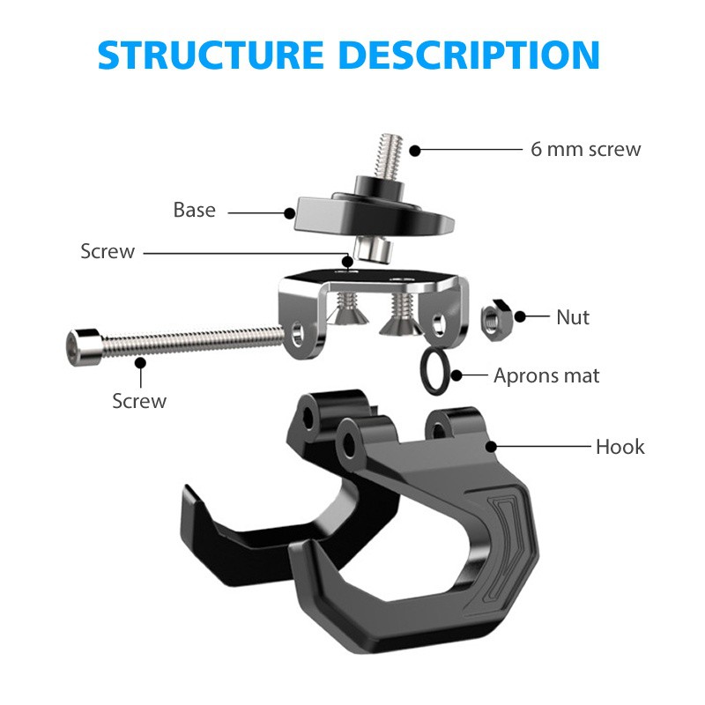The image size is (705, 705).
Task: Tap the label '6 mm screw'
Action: coord(585,149)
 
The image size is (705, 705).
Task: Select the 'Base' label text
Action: coord(194,210)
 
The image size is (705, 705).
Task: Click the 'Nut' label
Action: coord(572,316)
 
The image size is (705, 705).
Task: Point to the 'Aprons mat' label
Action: coord(545,375)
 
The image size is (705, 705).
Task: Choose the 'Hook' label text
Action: coord(620,447)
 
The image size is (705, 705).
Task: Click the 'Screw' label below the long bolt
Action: coord(138,401)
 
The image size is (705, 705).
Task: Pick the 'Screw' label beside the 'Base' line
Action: coord(108,252)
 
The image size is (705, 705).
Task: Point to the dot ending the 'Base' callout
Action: coord(289,211)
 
